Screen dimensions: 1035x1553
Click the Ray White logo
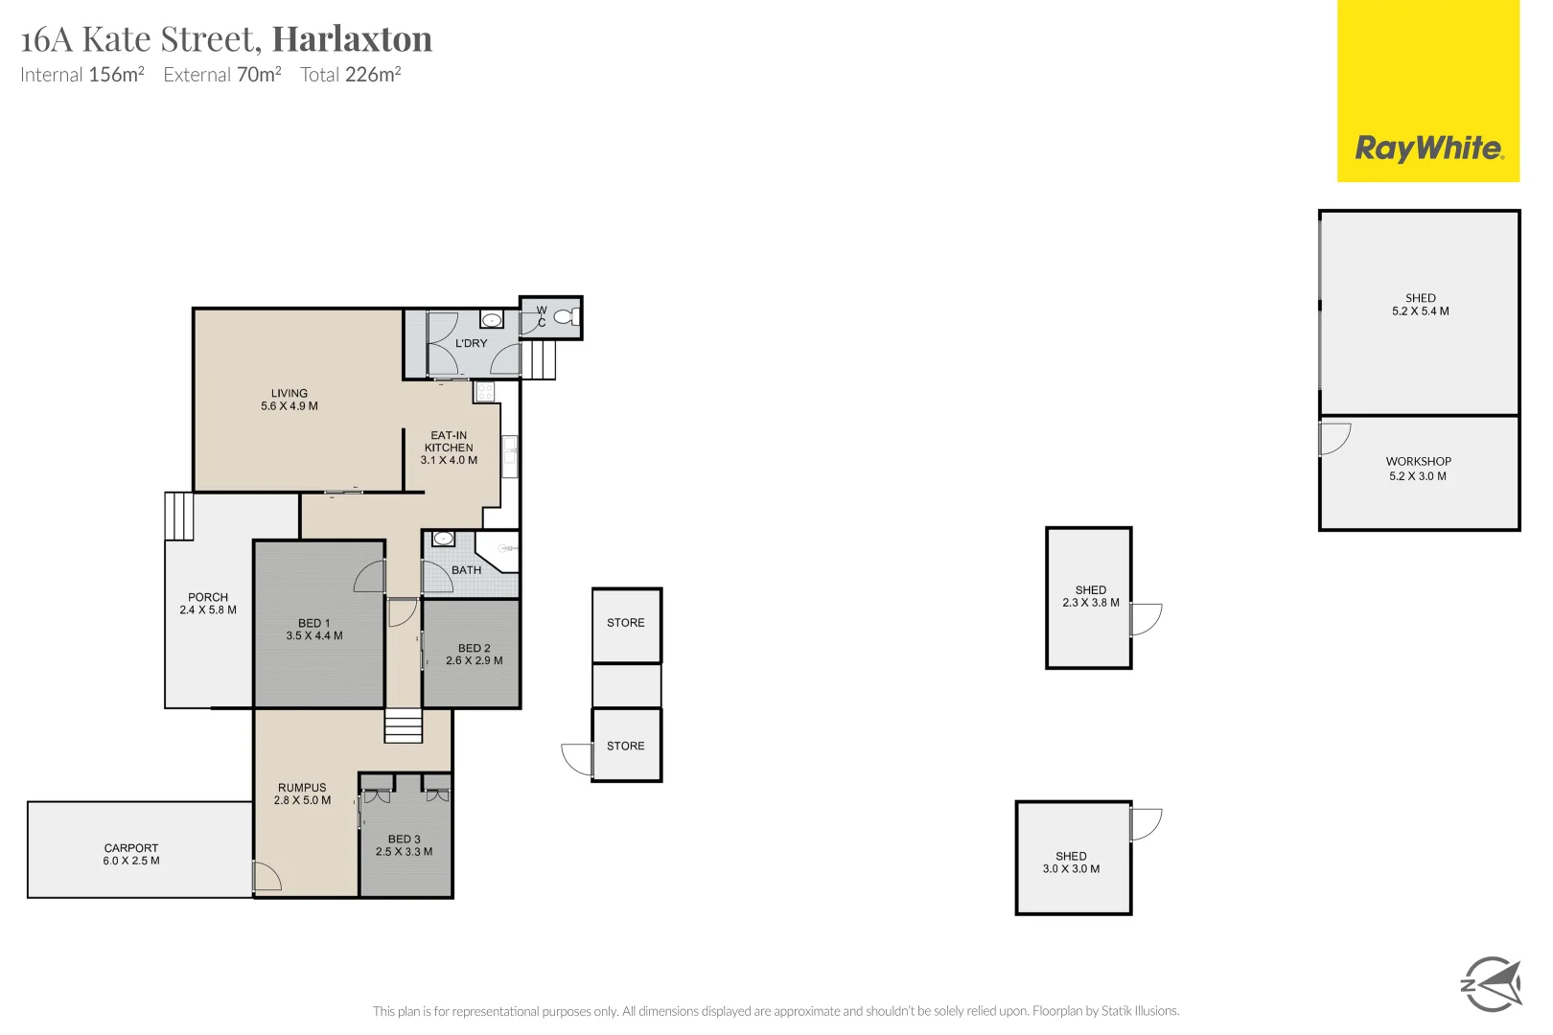click(1428, 149)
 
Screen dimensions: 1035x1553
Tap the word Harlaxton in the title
click(352, 39)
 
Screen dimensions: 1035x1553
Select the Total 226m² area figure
click(350, 75)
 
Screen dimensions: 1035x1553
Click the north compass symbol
click(1491, 983)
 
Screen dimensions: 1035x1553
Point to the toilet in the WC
click(567, 316)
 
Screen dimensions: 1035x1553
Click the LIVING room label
click(290, 393)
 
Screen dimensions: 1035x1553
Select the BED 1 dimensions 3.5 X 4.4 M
click(314, 636)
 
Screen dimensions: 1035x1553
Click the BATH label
click(467, 570)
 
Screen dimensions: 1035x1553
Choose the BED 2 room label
click(475, 649)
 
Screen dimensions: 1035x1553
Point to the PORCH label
click(208, 597)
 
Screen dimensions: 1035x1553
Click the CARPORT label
click(131, 848)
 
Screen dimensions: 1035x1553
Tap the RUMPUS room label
click(302, 788)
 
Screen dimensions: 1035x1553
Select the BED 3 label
click(405, 839)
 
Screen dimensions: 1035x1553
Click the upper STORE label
click(626, 623)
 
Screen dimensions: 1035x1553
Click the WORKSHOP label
click(1419, 462)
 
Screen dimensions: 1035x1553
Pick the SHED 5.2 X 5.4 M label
click(1421, 305)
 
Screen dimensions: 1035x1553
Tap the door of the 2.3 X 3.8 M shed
click(1146, 619)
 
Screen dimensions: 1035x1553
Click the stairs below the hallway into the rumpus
click(404, 725)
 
